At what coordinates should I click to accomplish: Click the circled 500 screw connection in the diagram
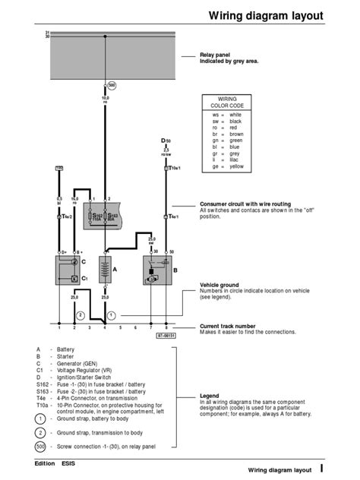point(112,85)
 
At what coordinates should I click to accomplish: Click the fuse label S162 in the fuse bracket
point(96,216)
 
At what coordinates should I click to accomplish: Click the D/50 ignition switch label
point(166,141)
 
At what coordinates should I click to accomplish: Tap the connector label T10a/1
point(173,169)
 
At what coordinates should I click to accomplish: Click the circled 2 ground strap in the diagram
point(81,314)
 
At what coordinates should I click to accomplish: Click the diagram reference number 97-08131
point(166,334)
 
